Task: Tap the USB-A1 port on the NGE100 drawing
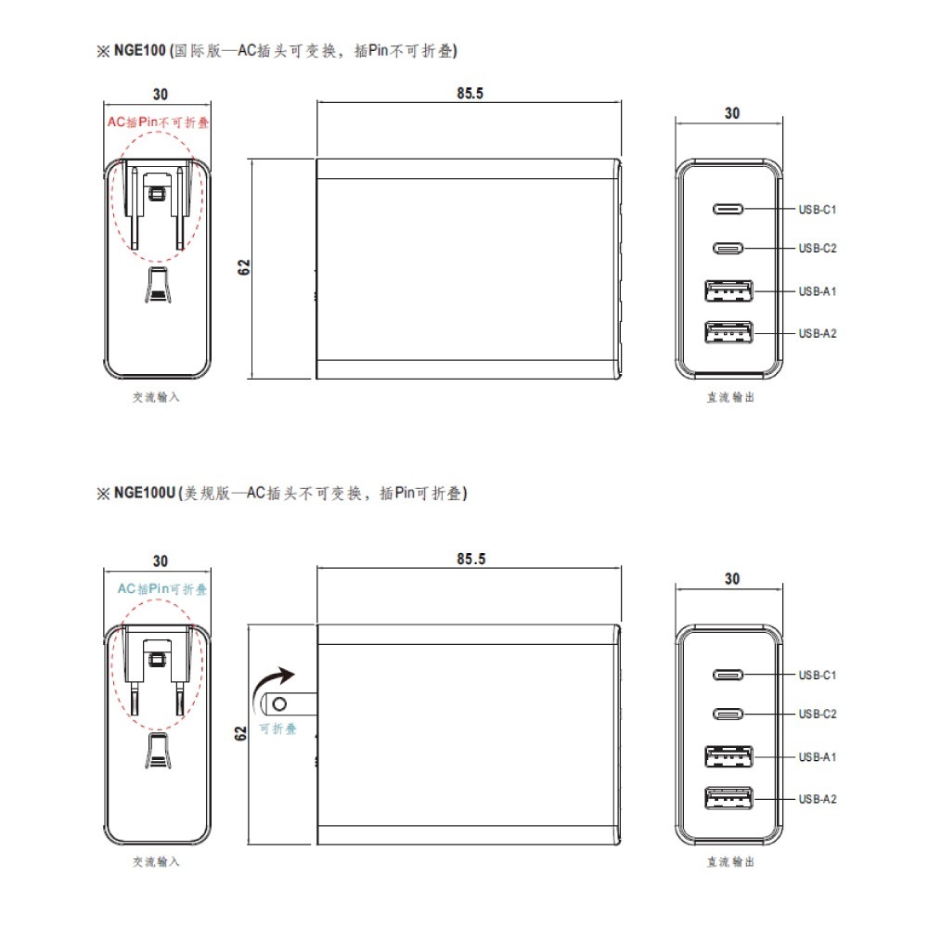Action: [x=729, y=291]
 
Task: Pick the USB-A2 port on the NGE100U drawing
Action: [x=729, y=798]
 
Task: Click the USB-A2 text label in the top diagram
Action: [x=818, y=333]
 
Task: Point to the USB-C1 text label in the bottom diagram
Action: [x=818, y=675]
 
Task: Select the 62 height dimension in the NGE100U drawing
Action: [x=241, y=732]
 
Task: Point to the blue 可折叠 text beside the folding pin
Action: [x=277, y=729]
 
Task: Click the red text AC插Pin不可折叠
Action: [x=158, y=122]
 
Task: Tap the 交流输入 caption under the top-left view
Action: [x=156, y=397]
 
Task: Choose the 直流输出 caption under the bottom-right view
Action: [x=730, y=862]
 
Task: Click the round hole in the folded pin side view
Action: [x=272, y=705]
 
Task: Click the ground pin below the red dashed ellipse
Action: [x=157, y=286]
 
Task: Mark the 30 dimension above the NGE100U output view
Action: [x=731, y=578]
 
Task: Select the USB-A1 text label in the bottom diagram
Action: [x=818, y=756]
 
